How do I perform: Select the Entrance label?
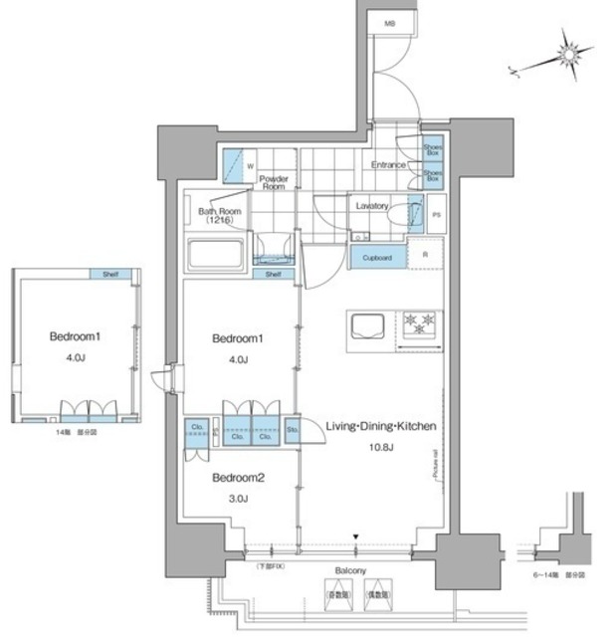[x=387, y=164]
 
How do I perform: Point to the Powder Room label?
[x=274, y=182]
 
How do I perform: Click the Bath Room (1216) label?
[x=214, y=215]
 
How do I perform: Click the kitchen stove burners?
[x=419, y=323]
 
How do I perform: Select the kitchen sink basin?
[x=364, y=324]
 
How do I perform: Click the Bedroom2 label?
[x=239, y=478]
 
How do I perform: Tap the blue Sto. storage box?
[x=293, y=432]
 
